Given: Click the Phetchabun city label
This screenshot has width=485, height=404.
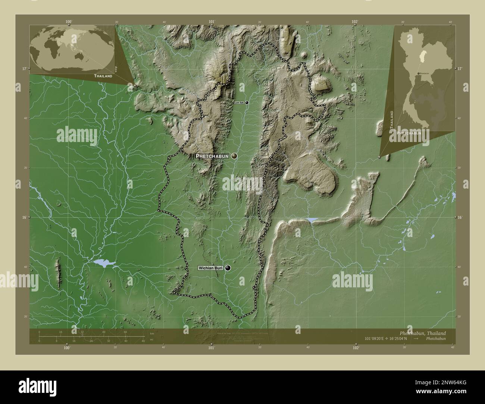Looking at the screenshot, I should [x=212, y=157].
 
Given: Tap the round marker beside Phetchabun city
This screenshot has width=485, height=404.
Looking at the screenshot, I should [x=234, y=156].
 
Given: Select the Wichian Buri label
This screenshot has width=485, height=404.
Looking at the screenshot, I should [x=211, y=268].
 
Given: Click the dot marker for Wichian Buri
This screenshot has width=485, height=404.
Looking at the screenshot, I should [x=228, y=268].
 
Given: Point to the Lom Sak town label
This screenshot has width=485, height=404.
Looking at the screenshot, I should [x=239, y=102].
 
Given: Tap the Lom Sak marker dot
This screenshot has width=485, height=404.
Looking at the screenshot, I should [x=246, y=102].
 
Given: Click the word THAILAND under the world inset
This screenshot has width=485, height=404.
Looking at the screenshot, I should [x=103, y=76].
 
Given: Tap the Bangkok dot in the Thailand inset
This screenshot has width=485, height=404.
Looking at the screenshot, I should [x=419, y=73].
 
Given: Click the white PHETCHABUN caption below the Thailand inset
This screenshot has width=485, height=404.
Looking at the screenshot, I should [x=409, y=133].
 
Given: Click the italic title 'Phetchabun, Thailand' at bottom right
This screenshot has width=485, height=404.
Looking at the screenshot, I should [x=422, y=333].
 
